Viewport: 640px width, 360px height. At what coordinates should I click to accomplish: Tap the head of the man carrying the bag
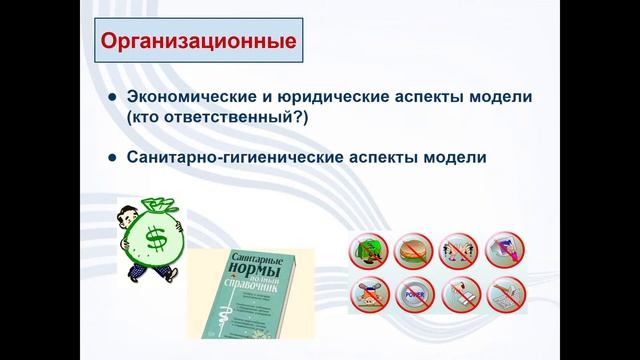coord(124,216)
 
